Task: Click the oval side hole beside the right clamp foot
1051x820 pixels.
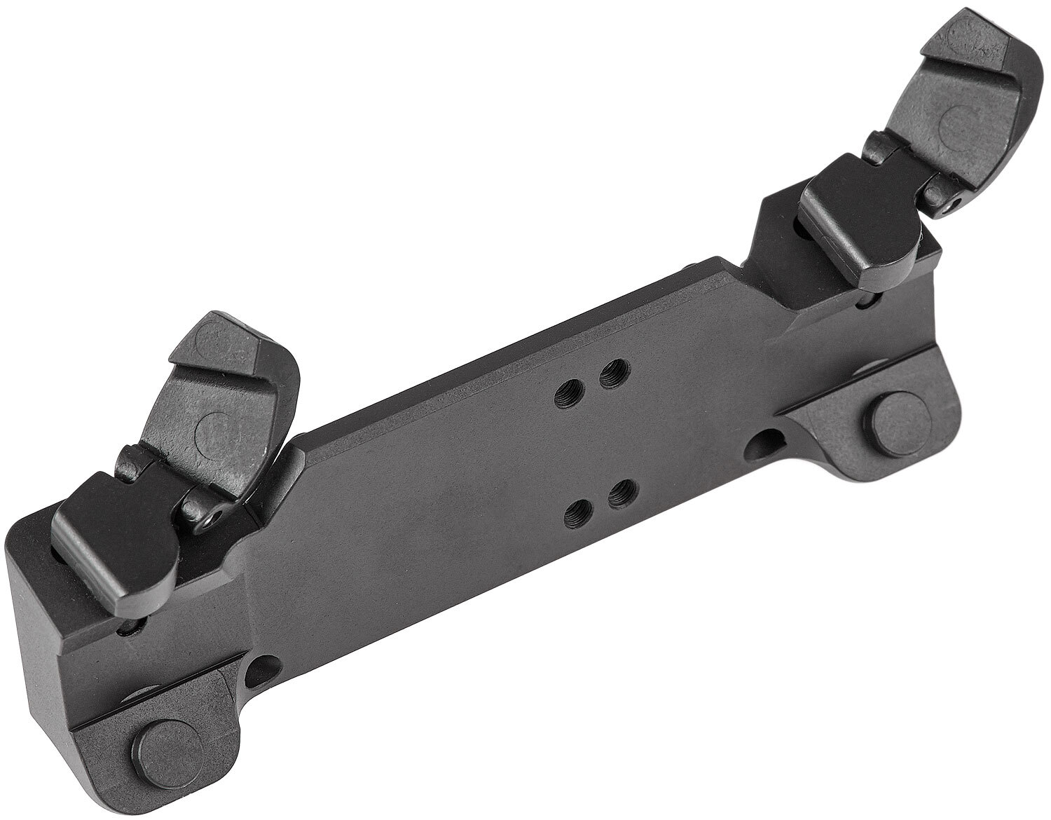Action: pos(767,442)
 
